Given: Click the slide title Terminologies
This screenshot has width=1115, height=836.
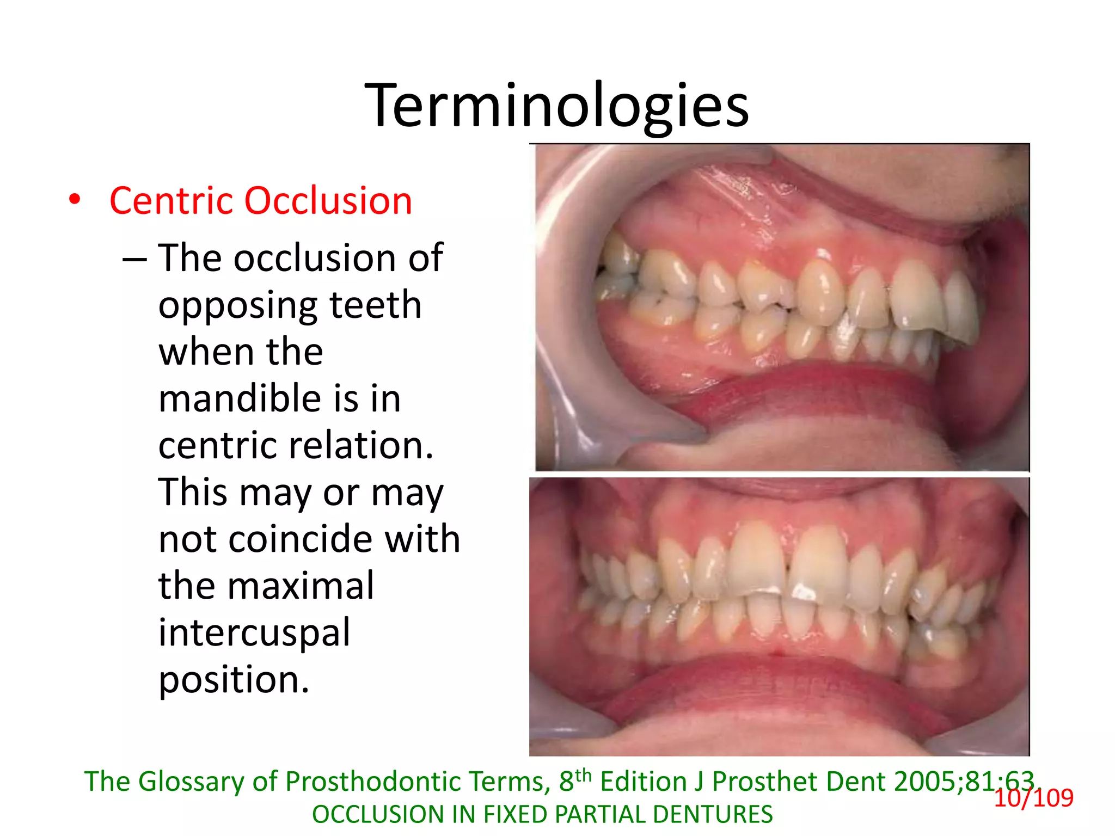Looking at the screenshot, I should pos(556,106).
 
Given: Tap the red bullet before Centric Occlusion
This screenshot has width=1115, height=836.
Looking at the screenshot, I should pos(75,200).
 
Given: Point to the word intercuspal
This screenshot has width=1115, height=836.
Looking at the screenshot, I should pos(254,634).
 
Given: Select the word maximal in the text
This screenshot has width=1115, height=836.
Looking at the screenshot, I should pos(301,586).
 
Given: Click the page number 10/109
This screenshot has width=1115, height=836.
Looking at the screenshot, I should pos(1033,798).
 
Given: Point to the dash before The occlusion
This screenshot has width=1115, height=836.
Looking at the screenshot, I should pos(134,259).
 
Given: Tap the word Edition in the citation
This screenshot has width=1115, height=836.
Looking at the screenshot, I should pos(643,782).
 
